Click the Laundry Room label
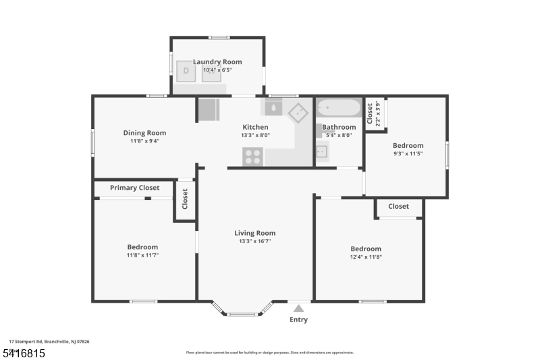[217, 62]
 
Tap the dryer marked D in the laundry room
[186, 71]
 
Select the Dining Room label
[144, 133]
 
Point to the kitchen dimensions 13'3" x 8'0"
[255, 135]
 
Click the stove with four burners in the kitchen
[253, 157]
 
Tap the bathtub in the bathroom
[339, 108]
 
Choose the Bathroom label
[339, 127]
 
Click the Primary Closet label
[135, 188]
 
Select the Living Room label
[255, 233]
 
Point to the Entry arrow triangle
[298, 309]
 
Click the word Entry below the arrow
[298, 319]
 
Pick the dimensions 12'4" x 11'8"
[365, 257]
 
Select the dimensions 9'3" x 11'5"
[408, 154]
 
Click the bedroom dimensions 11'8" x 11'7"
[142, 255]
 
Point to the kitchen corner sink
[298, 112]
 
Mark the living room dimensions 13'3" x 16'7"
[255, 241]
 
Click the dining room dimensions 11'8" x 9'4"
[144, 141]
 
